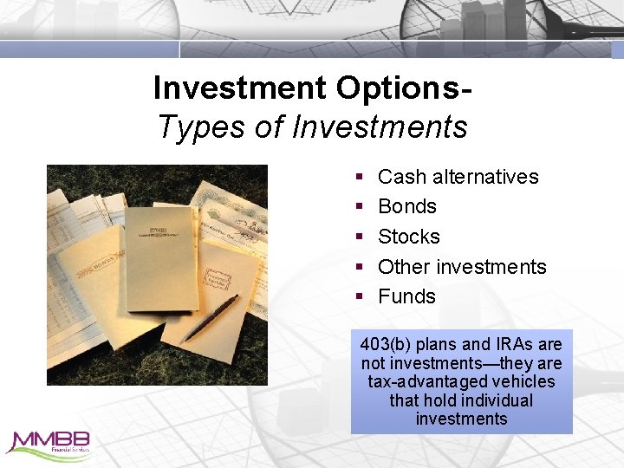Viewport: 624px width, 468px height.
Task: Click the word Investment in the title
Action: [237, 88]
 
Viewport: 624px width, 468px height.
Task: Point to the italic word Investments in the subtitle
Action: [380, 127]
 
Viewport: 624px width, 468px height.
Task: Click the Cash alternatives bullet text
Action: [458, 177]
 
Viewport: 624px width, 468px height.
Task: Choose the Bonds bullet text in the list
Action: [407, 206]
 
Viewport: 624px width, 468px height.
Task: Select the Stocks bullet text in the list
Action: [409, 237]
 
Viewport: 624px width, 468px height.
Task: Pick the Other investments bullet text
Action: [462, 266]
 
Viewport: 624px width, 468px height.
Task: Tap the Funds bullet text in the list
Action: [406, 296]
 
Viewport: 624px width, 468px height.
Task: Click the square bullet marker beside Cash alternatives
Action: [359, 178]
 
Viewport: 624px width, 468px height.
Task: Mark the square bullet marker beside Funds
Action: [359, 297]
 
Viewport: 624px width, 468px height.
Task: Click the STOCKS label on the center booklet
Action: [159, 231]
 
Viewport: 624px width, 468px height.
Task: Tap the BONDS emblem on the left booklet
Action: [104, 263]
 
